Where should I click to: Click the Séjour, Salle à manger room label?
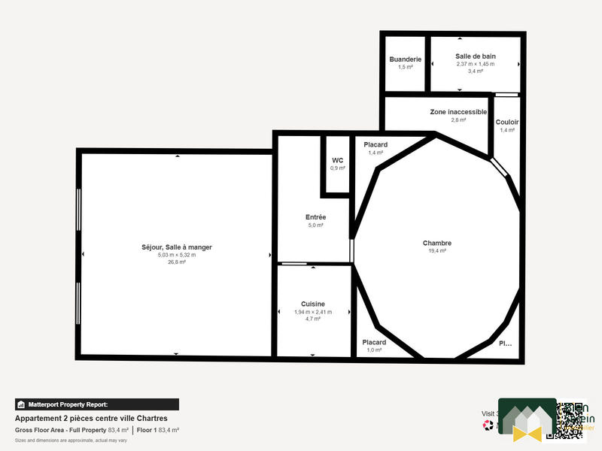tap(176, 247)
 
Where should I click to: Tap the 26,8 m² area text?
tap(176, 262)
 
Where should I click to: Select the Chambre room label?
tap(436, 243)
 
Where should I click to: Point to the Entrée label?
tap(315, 217)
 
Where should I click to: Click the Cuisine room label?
tap(313, 304)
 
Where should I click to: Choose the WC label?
tap(338, 160)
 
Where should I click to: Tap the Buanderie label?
tap(405, 59)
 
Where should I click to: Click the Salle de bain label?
tap(476, 56)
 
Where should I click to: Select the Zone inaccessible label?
tap(458, 112)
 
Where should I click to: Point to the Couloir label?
tap(507, 122)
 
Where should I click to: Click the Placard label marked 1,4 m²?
tap(375, 144)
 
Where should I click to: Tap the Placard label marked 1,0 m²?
tap(374, 342)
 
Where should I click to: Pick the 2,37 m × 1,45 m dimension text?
tap(476, 64)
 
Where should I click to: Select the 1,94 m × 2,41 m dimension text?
tap(313, 311)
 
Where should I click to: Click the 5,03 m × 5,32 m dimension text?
tap(176, 255)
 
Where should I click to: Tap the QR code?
tap(570, 419)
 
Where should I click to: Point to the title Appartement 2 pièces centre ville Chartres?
tap(91, 418)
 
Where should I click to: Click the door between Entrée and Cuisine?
tap(293, 264)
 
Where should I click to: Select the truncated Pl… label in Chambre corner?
tap(505, 344)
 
